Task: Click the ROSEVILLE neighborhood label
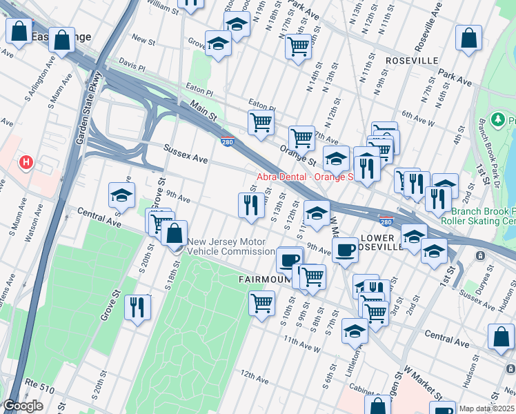click(x=413, y=61)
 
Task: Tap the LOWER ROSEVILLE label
click(x=395, y=242)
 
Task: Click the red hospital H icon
click(x=26, y=163)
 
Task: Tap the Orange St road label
click(x=297, y=153)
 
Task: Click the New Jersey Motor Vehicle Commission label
click(x=231, y=247)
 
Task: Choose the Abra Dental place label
click(x=304, y=177)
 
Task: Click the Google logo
click(x=23, y=406)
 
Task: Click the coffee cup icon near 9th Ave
click(x=344, y=249)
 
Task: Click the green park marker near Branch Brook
click(x=499, y=121)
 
